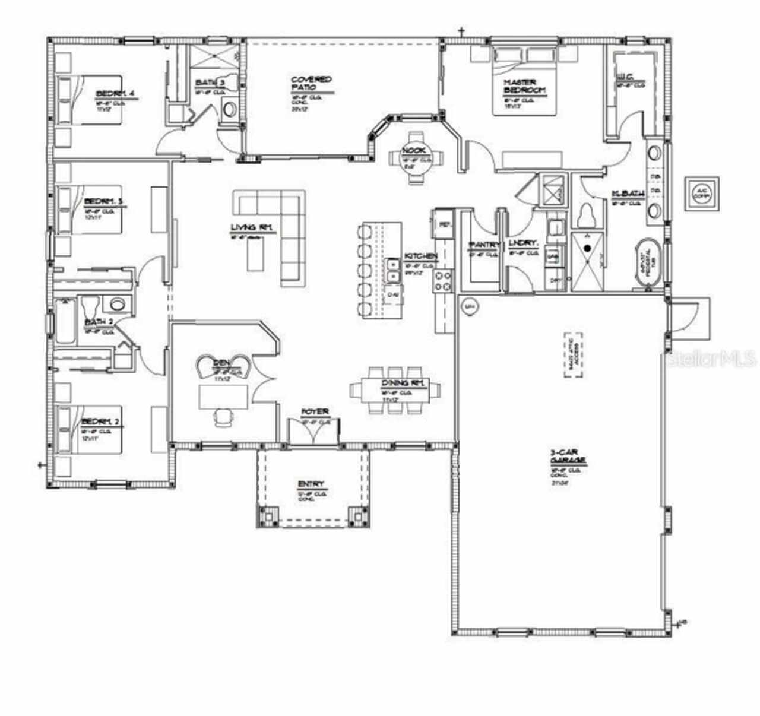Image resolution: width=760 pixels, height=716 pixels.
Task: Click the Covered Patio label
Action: [x=311, y=83]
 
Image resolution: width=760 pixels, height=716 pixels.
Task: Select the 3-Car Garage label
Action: [x=568, y=456]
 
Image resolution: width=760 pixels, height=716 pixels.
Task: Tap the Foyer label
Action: [x=315, y=411]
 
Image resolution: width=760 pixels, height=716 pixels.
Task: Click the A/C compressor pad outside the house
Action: [x=702, y=193]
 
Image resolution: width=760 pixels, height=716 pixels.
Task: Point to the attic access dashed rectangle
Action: [x=573, y=354]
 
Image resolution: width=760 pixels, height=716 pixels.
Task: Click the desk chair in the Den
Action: [x=223, y=417]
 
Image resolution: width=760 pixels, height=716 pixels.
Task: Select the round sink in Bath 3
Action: [x=229, y=109]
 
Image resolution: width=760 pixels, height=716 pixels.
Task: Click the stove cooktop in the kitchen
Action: [x=444, y=280]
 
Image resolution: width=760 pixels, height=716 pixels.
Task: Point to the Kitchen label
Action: [x=421, y=256]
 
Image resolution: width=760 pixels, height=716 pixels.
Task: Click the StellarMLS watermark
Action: [x=712, y=358]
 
